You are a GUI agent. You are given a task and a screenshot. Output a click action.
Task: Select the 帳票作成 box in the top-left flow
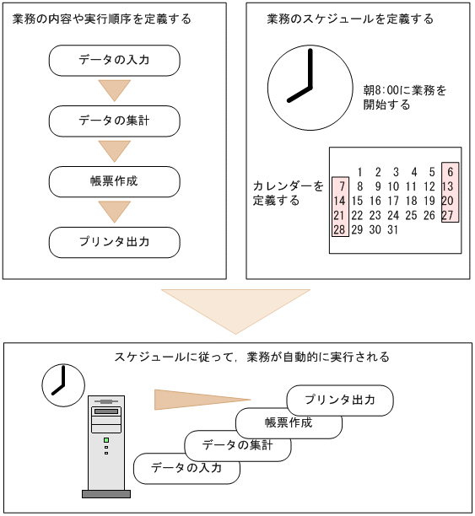point(115,181)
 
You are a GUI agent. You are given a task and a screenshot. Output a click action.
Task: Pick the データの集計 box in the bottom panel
point(238,445)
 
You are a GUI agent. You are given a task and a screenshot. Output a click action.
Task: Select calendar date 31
point(392,229)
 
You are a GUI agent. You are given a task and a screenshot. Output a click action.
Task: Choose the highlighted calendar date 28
point(339,229)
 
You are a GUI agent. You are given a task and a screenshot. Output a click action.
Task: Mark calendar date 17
point(392,201)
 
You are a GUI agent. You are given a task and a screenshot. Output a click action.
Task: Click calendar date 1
point(360,172)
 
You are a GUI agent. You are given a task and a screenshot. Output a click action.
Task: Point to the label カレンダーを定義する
point(288,193)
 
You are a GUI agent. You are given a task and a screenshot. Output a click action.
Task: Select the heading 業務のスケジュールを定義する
point(349,19)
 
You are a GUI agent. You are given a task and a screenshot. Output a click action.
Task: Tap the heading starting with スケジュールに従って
point(251,357)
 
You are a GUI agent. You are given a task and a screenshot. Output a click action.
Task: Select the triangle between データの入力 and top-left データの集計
point(115,89)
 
